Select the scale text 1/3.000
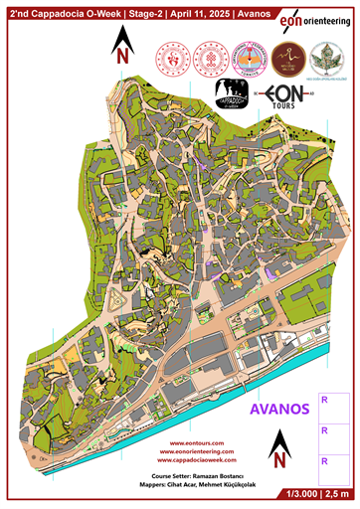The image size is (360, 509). pos(298,493)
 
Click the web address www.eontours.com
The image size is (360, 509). pos(195,442)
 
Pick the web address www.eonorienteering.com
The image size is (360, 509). pos(195,452)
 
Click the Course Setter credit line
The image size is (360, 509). pos(195,476)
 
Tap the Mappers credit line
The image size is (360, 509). pos(195,486)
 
